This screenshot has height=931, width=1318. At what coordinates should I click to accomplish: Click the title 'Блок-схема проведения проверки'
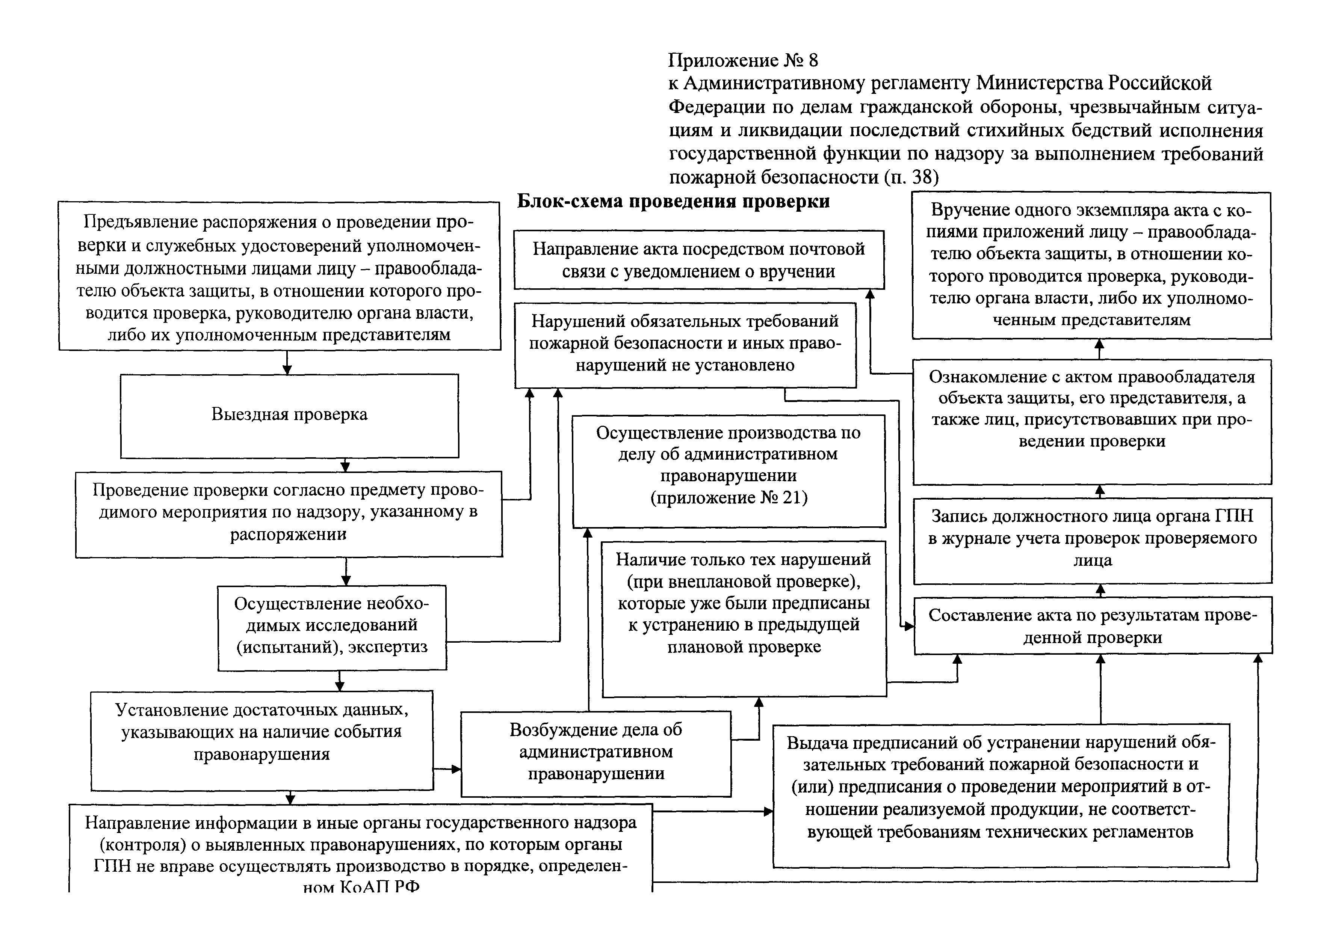(673, 201)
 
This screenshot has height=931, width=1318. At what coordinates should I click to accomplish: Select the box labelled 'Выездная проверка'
(289, 416)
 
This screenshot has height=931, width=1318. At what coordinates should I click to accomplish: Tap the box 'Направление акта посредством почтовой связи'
(698, 260)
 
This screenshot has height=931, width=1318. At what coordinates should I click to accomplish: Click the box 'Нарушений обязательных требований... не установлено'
(685, 345)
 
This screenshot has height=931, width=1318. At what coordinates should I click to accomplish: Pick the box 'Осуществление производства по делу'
(729, 471)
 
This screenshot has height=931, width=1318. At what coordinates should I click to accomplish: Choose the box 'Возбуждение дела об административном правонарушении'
(596, 754)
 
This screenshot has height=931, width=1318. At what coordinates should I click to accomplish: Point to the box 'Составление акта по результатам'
(1093, 625)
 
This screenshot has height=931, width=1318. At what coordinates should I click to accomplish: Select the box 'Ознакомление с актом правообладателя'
(1092, 422)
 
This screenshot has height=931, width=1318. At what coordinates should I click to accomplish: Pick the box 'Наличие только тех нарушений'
(744, 619)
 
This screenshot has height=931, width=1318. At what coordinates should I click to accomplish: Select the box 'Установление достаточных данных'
(262, 741)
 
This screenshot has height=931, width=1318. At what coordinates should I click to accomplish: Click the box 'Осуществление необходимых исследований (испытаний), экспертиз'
(332, 628)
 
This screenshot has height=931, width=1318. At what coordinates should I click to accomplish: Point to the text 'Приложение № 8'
(744, 60)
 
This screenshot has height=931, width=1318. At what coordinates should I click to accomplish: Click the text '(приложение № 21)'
(729, 497)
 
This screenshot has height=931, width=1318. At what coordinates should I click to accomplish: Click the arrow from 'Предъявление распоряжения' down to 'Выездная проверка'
(287, 362)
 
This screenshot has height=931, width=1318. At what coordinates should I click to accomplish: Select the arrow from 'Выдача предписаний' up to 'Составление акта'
(1100, 689)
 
